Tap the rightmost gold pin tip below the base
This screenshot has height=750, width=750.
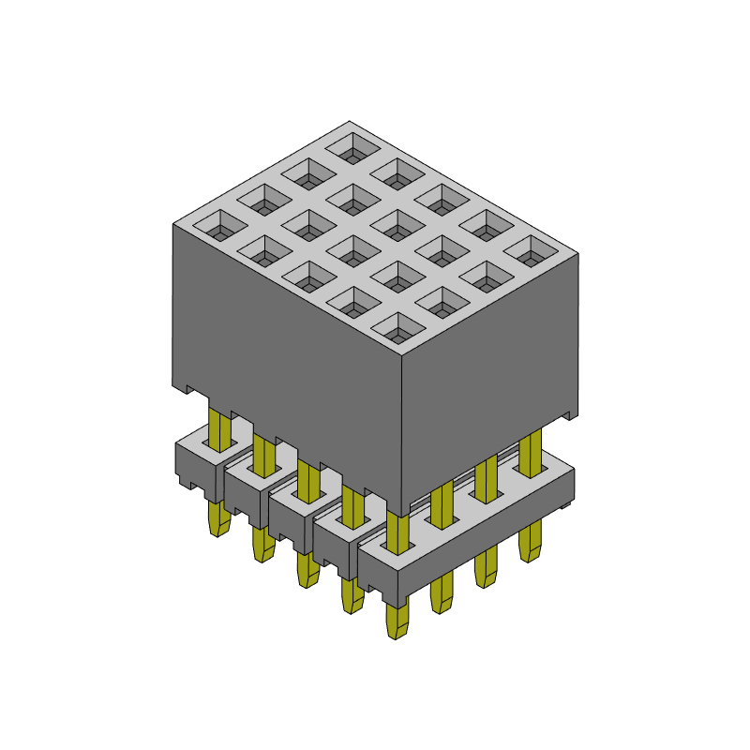tap(530, 543)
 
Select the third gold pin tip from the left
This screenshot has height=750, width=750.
tap(306, 569)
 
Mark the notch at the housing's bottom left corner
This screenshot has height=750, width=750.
tap(187, 388)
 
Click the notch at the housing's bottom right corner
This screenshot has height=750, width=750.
tap(569, 413)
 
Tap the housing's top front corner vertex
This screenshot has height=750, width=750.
tap(401, 358)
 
